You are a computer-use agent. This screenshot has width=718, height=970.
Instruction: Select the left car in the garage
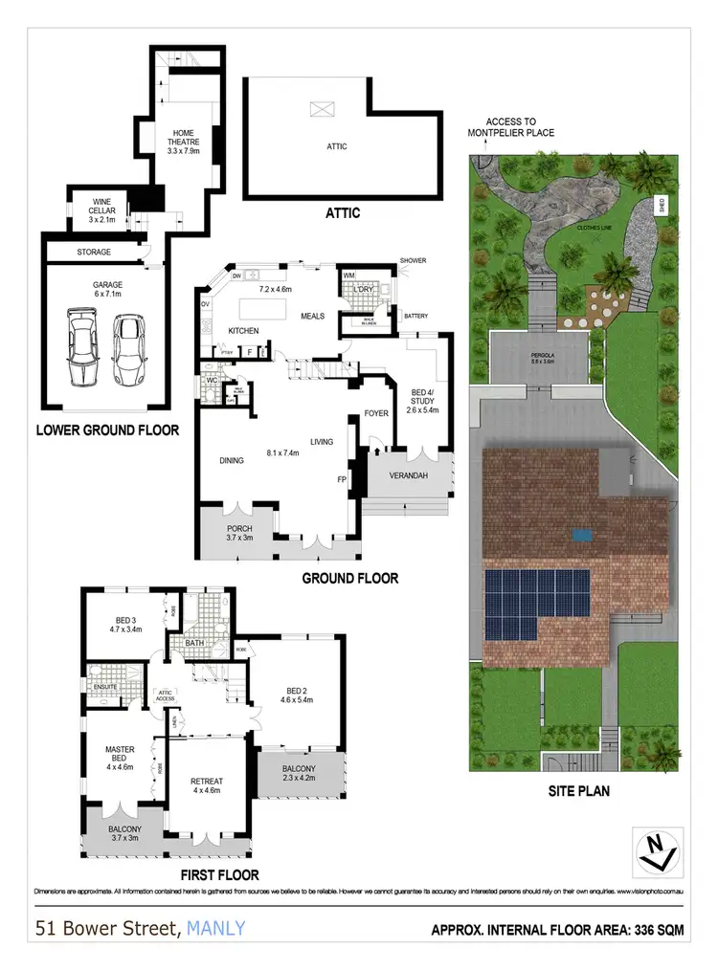(x=82, y=347)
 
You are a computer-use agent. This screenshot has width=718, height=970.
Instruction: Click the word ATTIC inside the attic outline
(x=336, y=146)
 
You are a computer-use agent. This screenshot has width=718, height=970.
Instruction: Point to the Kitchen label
(x=244, y=330)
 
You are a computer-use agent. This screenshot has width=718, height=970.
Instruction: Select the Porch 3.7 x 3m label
(x=239, y=533)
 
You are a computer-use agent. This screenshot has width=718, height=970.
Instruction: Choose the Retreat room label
(x=207, y=785)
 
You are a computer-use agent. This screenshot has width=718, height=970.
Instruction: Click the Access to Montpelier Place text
(x=520, y=127)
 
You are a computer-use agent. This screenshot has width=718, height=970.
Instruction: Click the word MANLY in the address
(x=216, y=927)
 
